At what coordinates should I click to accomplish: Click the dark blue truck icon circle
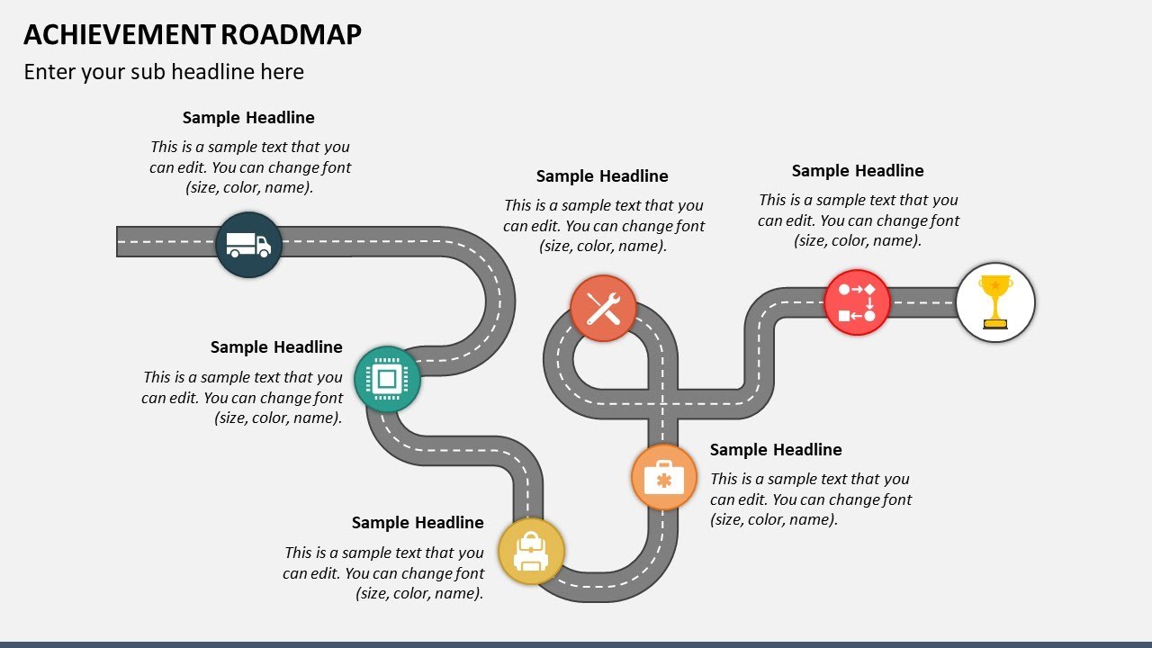click(x=248, y=244)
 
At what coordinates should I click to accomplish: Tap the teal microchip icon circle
click(x=387, y=379)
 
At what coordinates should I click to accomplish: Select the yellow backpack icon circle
click(x=531, y=551)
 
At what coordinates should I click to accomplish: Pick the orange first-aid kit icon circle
click(x=664, y=477)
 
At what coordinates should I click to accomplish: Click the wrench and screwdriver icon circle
click(x=603, y=309)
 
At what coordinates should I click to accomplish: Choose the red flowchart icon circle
click(x=857, y=302)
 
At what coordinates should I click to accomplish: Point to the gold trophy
click(x=994, y=301)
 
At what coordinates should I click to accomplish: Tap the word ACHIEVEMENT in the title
click(x=119, y=34)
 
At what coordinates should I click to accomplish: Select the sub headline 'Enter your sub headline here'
click(x=164, y=72)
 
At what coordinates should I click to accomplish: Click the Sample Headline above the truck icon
click(x=248, y=118)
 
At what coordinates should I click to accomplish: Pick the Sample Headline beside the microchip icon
click(x=276, y=347)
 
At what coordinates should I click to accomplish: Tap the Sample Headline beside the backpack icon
click(x=418, y=523)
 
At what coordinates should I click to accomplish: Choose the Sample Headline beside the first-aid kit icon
click(x=776, y=450)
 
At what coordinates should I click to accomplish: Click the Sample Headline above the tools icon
click(x=602, y=176)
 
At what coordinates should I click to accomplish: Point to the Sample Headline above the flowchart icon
click(x=858, y=171)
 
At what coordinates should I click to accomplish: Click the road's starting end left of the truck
click(x=126, y=242)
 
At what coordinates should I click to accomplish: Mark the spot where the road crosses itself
click(x=662, y=404)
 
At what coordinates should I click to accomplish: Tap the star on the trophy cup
click(x=994, y=285)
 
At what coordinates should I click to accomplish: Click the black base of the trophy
click(x=994, y=325)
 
